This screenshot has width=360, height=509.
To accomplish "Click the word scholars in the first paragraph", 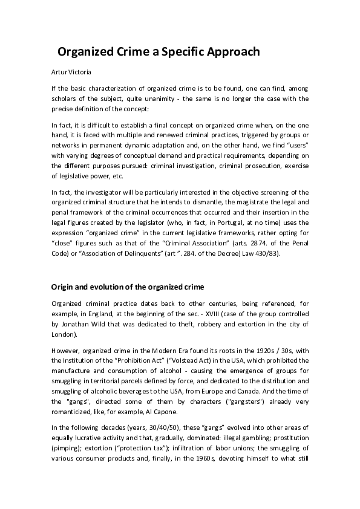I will pyautogui.click(x=65, y=99).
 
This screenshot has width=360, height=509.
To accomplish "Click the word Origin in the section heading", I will pyautogui.click(x=64, y=286).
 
